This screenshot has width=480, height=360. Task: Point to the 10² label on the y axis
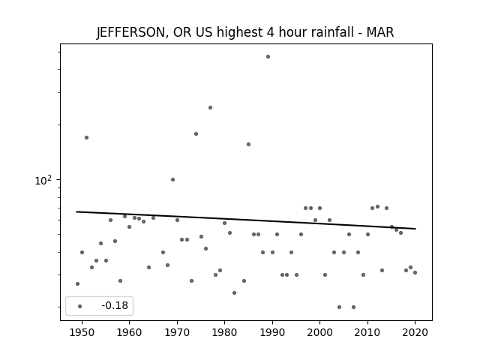click(43, 180)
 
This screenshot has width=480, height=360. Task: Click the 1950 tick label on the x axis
click(82, 332)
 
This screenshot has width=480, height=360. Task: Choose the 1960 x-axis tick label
click(129, 332)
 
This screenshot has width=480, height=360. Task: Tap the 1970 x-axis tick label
click(177, 332)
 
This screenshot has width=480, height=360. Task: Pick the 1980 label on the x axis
click(224, 332)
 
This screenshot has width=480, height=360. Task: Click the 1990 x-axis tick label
click(272, 332)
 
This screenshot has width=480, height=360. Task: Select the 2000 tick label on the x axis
click(320, 332)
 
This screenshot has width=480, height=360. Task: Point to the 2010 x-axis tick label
click(367, 332)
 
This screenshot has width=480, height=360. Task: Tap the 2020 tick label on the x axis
click(415, 332)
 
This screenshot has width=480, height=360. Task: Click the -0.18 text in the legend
click(115, 305)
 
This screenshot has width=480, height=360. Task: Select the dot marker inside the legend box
click(80, 306)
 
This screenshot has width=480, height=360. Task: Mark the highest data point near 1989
click(268, 57)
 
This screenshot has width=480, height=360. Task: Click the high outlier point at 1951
click(87, 138)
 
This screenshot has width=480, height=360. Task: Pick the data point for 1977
click(210, 108)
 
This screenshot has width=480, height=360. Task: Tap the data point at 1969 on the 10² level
click(173, 180)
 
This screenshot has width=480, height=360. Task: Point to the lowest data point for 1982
click(235, 293)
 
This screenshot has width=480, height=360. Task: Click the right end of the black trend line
click(415, 229)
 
